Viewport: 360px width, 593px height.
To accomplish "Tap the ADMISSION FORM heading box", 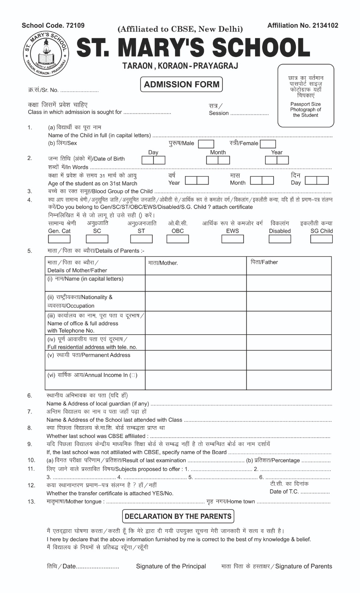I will point(182,85).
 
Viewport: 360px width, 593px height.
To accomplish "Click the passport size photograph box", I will point(305,96).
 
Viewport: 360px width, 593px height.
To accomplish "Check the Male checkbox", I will point(206,144).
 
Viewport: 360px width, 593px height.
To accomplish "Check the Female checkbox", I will point(268,144).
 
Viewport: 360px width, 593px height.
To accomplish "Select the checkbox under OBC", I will point(178,239).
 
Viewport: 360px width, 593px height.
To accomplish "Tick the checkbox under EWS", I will point(232,239).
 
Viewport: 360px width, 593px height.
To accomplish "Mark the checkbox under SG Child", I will point(321,239).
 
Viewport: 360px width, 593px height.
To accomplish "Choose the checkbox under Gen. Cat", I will point(59,239).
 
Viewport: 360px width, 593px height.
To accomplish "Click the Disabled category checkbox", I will point(280,239).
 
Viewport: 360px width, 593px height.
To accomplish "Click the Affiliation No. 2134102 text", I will point(303,26).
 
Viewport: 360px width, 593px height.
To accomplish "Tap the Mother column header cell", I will point(195,265).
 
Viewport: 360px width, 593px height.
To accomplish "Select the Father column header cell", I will point(289,265).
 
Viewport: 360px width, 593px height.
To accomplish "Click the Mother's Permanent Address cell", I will point(195,360).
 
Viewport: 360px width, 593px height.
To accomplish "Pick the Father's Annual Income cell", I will point(289,380).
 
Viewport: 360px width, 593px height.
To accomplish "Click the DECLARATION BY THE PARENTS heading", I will point(178,516).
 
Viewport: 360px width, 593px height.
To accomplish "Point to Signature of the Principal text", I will point(171,566).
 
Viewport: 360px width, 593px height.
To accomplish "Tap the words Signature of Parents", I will point(304,566).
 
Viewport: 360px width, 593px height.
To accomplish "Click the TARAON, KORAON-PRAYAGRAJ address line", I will point(180,66).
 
